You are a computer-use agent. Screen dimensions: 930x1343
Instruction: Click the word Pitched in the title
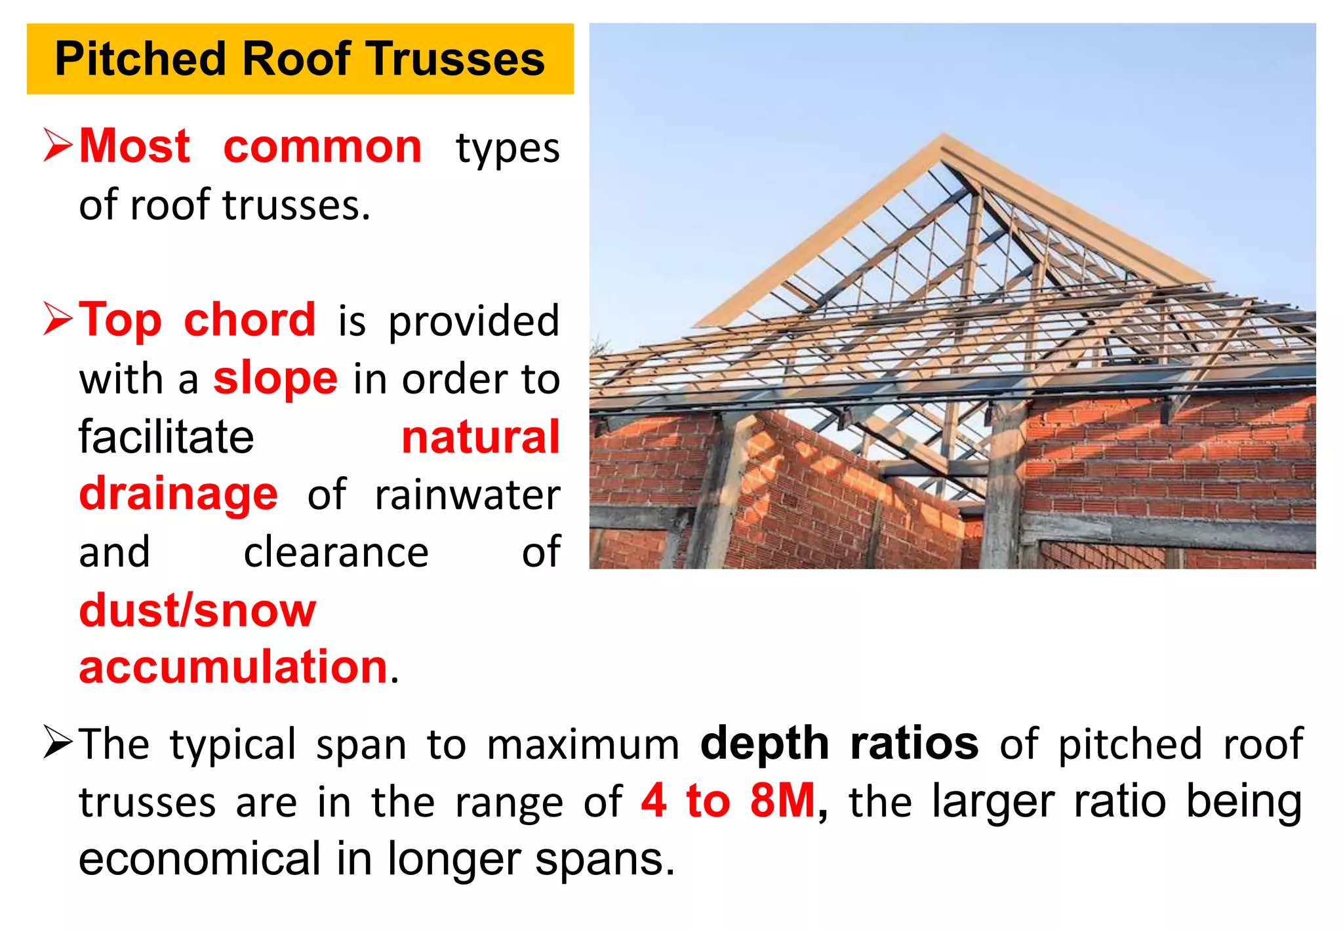[140, 59]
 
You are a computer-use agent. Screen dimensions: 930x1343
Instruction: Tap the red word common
[322, 146]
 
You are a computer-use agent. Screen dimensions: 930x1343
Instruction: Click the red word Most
[134, 146]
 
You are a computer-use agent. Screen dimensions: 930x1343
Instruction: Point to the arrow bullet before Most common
[58, 145]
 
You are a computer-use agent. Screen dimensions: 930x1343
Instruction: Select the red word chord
[249, 320]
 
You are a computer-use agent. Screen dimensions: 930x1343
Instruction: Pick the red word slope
[275, 379]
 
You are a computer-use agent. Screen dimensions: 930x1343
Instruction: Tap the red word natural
[481, 437]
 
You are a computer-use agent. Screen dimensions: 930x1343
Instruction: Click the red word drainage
[178, 495]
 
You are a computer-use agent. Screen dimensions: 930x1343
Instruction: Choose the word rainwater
[467, 495]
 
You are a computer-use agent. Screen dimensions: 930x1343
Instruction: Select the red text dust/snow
[197, 611]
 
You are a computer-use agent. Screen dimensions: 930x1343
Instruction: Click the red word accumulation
[233, 667]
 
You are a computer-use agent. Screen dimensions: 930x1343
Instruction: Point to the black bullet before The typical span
[58, 742]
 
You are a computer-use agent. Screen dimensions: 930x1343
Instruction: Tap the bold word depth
[765, 744]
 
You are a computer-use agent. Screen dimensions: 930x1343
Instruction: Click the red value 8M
[782, 801]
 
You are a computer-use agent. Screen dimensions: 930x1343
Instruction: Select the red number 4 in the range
[654, 801]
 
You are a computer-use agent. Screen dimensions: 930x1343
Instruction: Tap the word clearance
[336, 553]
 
